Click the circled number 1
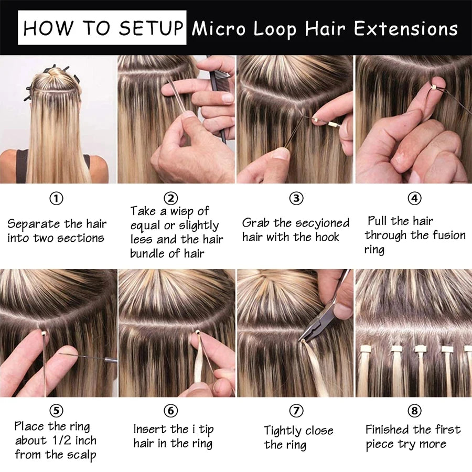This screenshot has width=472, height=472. tap(56, 199)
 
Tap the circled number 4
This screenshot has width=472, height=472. tap(414, 198)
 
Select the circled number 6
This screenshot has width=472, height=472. tap(170, 411)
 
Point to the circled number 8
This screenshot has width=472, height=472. tap(414, 411)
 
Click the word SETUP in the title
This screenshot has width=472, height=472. tap(151, 28)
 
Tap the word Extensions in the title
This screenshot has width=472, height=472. tap(405, 29)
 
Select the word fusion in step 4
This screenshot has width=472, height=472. tap(449, 235)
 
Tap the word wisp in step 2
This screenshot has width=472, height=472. tap(182, 212)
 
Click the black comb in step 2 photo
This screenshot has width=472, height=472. tap(220, 99)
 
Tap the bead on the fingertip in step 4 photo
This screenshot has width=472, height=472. tap(434, 88)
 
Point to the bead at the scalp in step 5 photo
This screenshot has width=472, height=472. tap(44, 334)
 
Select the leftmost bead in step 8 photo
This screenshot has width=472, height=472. tap(366, 349)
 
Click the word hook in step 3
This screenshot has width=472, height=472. tap(327, 237)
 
